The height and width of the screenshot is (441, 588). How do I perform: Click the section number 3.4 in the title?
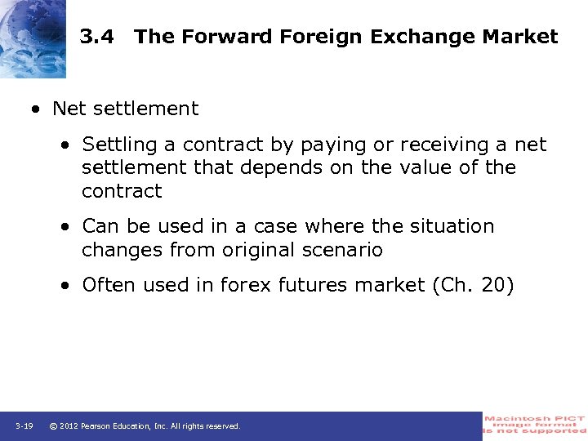(97, 37)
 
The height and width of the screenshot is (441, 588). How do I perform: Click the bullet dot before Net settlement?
(37, 109)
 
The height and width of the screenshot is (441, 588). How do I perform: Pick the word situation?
(451, 226)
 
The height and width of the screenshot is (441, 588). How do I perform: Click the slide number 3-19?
(24, 426)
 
